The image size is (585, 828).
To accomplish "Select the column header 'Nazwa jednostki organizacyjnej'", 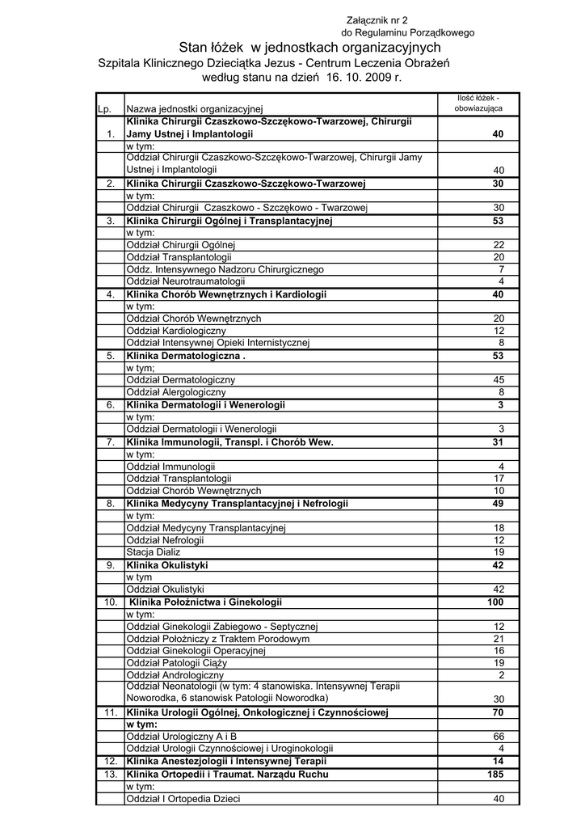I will click(195, 109).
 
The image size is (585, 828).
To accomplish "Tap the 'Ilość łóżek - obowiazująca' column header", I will click(478, 103).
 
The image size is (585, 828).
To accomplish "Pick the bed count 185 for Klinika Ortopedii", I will click(494, 774).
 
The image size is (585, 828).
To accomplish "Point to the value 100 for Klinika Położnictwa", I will click(495, 602).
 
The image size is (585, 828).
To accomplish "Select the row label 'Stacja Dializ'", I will click(154, 552).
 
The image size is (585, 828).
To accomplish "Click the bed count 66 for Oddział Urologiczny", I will click(499, 736).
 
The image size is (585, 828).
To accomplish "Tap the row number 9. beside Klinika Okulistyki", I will click(110, 565).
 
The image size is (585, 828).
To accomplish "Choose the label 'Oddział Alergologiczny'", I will click(176, 392).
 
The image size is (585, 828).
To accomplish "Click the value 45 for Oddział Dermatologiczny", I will click(499, 380).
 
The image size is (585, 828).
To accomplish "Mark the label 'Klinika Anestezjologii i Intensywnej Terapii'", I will click(226, 762).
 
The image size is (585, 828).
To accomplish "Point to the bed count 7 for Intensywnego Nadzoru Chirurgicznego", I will click(501, 269).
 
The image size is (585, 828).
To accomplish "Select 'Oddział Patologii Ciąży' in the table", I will click(177, 663).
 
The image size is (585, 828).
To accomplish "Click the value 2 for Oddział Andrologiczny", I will click(501, 675).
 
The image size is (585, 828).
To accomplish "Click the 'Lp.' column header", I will click(103, 109).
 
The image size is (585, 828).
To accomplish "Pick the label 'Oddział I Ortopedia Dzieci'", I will click(183, 799).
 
